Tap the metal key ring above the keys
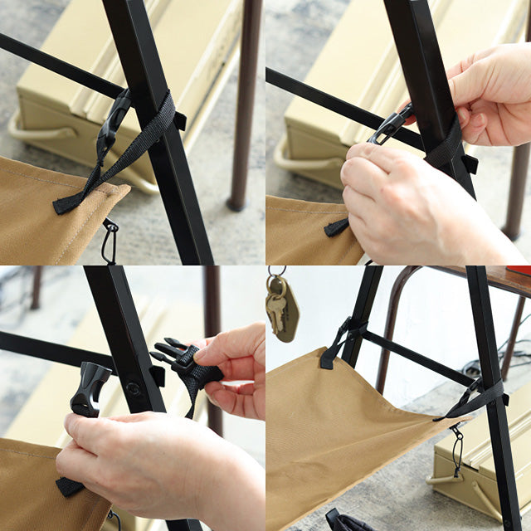tap(276, 273)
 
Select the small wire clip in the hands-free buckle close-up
tap(109, 241)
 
